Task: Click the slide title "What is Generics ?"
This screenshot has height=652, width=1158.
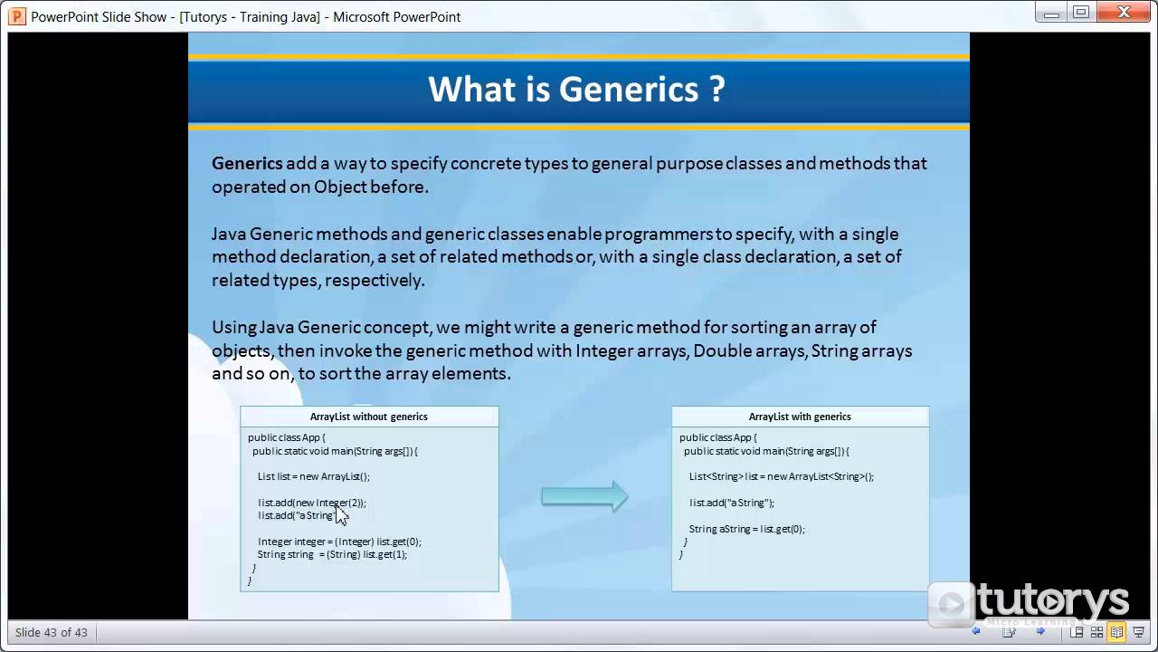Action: click(576, 90)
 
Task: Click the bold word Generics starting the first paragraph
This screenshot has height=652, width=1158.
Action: click(247, 163)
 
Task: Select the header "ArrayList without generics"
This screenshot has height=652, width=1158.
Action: click(368, 417)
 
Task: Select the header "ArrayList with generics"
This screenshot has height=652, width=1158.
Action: click(800, 417)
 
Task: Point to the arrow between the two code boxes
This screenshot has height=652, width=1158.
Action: click(584, 496)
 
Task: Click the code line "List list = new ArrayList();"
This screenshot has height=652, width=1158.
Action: click(313, 476)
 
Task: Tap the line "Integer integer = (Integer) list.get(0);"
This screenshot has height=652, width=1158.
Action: click(339, 542)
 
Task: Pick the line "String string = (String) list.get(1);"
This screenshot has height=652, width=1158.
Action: click(332, 554)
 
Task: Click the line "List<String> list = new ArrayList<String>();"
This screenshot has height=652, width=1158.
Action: click(781, 476)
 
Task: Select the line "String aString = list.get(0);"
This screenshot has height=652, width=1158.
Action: click(746, 529)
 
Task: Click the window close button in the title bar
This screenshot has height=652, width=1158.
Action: click(1125, 12)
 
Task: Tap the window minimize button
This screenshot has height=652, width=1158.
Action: click(1050, 12)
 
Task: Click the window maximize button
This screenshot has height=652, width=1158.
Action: click(1081, 12)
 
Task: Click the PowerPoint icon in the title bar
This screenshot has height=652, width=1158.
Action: click(16, 16)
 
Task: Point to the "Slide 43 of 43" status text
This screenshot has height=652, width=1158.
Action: click(52, 632)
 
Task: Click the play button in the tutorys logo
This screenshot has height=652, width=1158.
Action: click(951, 604)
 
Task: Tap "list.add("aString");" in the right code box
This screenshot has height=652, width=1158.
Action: click(731, 503)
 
